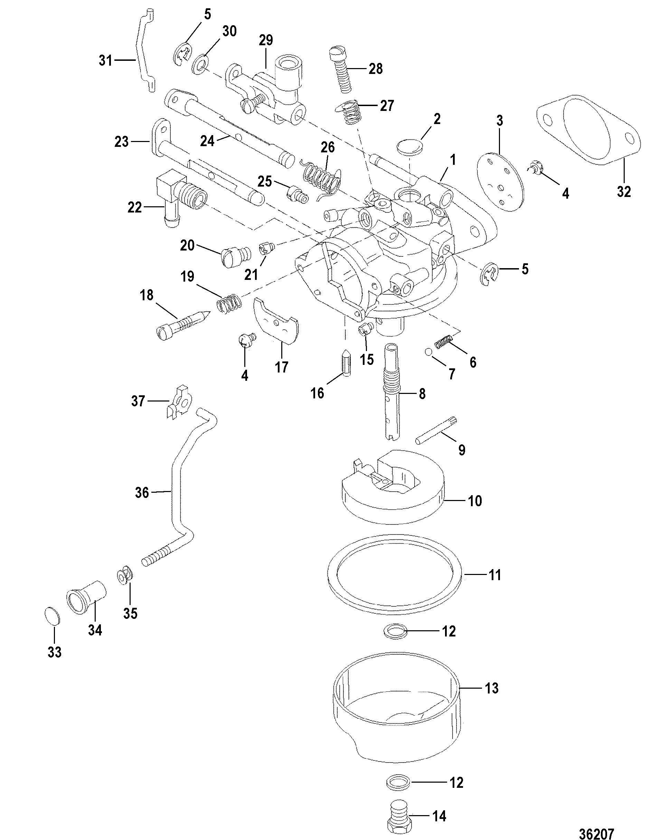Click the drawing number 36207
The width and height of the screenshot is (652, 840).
pyautogui.click(x=597, y=830)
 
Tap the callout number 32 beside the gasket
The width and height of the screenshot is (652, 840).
pyautogui.click(x=624, y=191)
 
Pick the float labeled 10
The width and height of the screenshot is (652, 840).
pyautogui.click(x=394, y=487)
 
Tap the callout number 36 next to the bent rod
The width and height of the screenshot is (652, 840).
pyautogui.click(x=142, y=492)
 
